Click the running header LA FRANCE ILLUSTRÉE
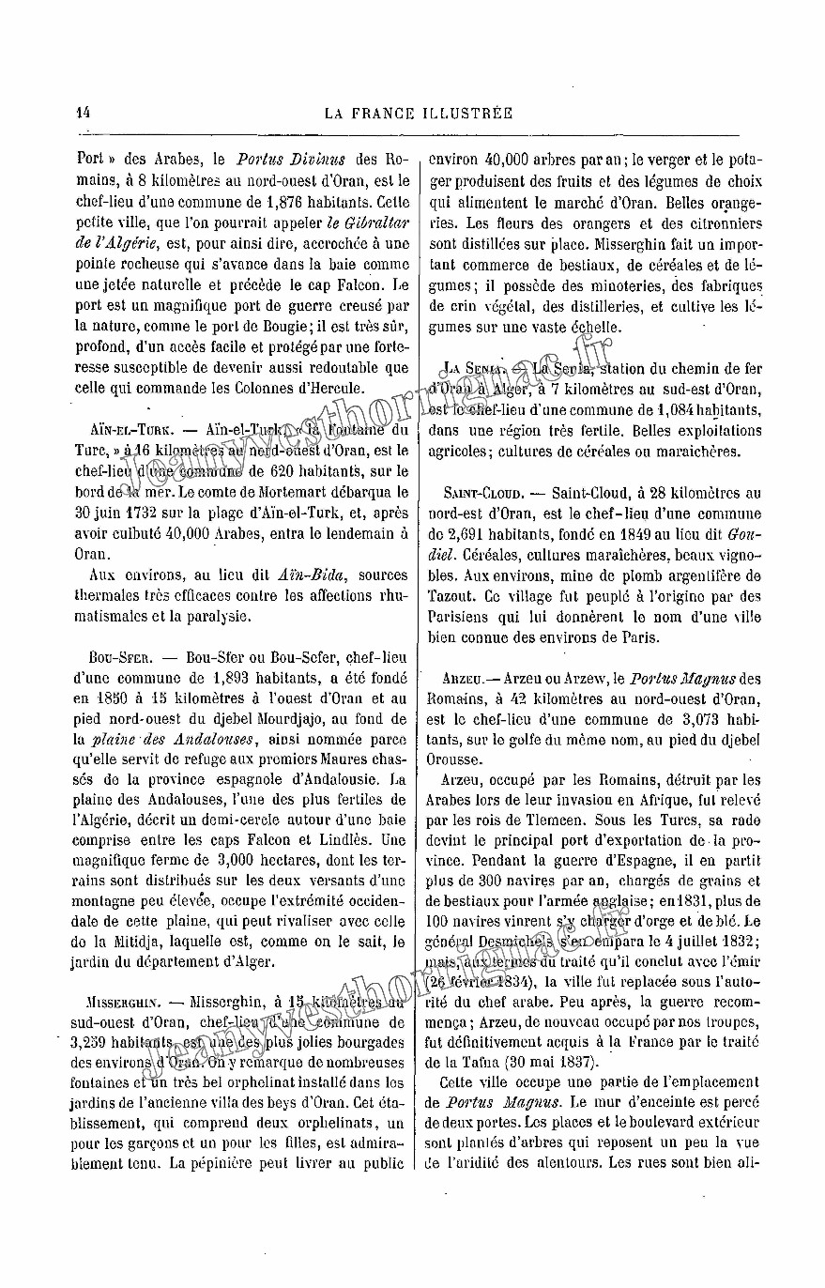pos(419,114)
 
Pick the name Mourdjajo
pos(316,719)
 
